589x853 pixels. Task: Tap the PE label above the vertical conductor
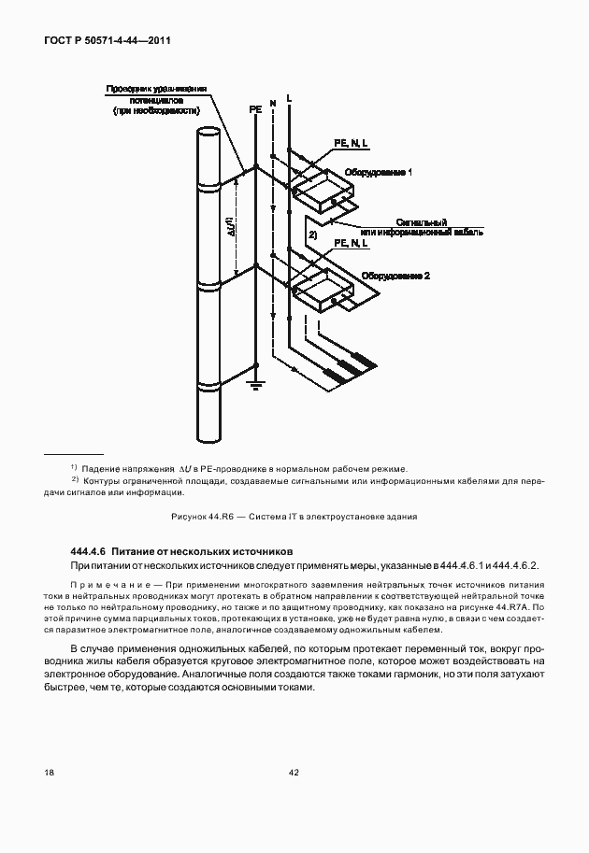point(255,109)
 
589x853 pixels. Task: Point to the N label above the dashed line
point(273,100)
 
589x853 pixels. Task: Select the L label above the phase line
point(290,97)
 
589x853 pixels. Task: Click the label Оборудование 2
point(395,277)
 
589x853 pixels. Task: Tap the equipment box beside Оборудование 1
point(321,192)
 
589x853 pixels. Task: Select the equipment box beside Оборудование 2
point(321,293)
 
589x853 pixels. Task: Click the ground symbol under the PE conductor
point(255,382)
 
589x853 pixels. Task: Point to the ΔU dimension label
point(230,224)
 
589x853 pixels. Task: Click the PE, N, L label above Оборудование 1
point(352,143)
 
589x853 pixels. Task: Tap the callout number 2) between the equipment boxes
point(313,236)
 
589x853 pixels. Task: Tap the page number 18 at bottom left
point(49,772)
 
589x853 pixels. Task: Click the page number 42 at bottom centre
point(294,772)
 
